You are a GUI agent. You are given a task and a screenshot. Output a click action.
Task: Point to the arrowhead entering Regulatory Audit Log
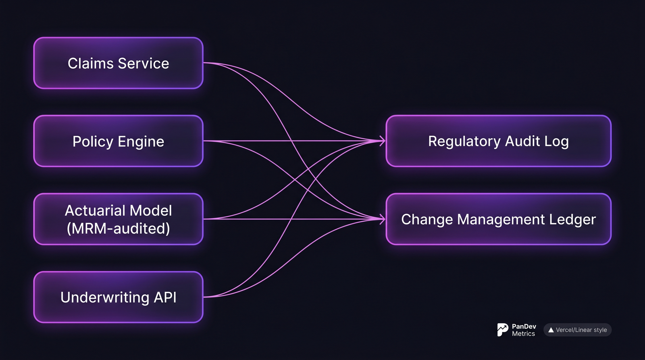click(x=383, y=141)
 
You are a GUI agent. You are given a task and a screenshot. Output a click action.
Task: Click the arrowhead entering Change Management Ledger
click(x=383, y=219)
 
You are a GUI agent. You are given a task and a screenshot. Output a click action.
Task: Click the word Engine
click(x=141, y=142)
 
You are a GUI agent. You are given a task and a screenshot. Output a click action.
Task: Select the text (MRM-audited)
click(x=118, y=229)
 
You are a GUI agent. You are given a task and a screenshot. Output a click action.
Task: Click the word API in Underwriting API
click(x=165, y=297)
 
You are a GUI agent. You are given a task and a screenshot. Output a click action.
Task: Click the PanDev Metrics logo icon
click(x=502, y=329)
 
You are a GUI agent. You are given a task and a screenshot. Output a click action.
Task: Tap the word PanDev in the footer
click(x=524, y=326)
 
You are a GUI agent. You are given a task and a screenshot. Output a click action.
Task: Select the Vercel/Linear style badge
click(x=577, y=330)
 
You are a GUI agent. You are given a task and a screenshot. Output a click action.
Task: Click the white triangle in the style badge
click(x=551, y=330)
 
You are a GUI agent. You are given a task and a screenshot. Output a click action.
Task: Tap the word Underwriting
click(x=105, y=297)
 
